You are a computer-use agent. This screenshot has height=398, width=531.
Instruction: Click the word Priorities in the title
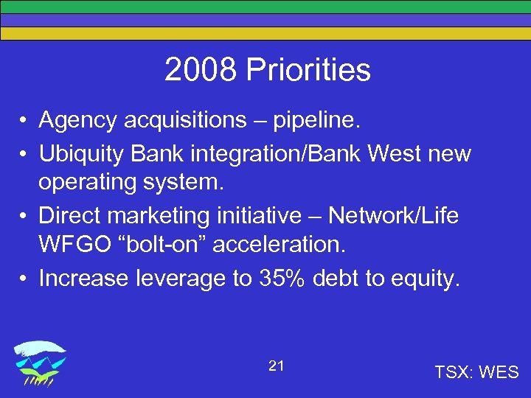[308, 71]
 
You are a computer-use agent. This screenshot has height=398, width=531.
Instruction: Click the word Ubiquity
[88, 154]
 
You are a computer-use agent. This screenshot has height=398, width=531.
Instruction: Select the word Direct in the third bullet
[72, 216]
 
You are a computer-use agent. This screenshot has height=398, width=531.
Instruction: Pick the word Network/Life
[393, 216]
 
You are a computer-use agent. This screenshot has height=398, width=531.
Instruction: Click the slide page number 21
[277, 366]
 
